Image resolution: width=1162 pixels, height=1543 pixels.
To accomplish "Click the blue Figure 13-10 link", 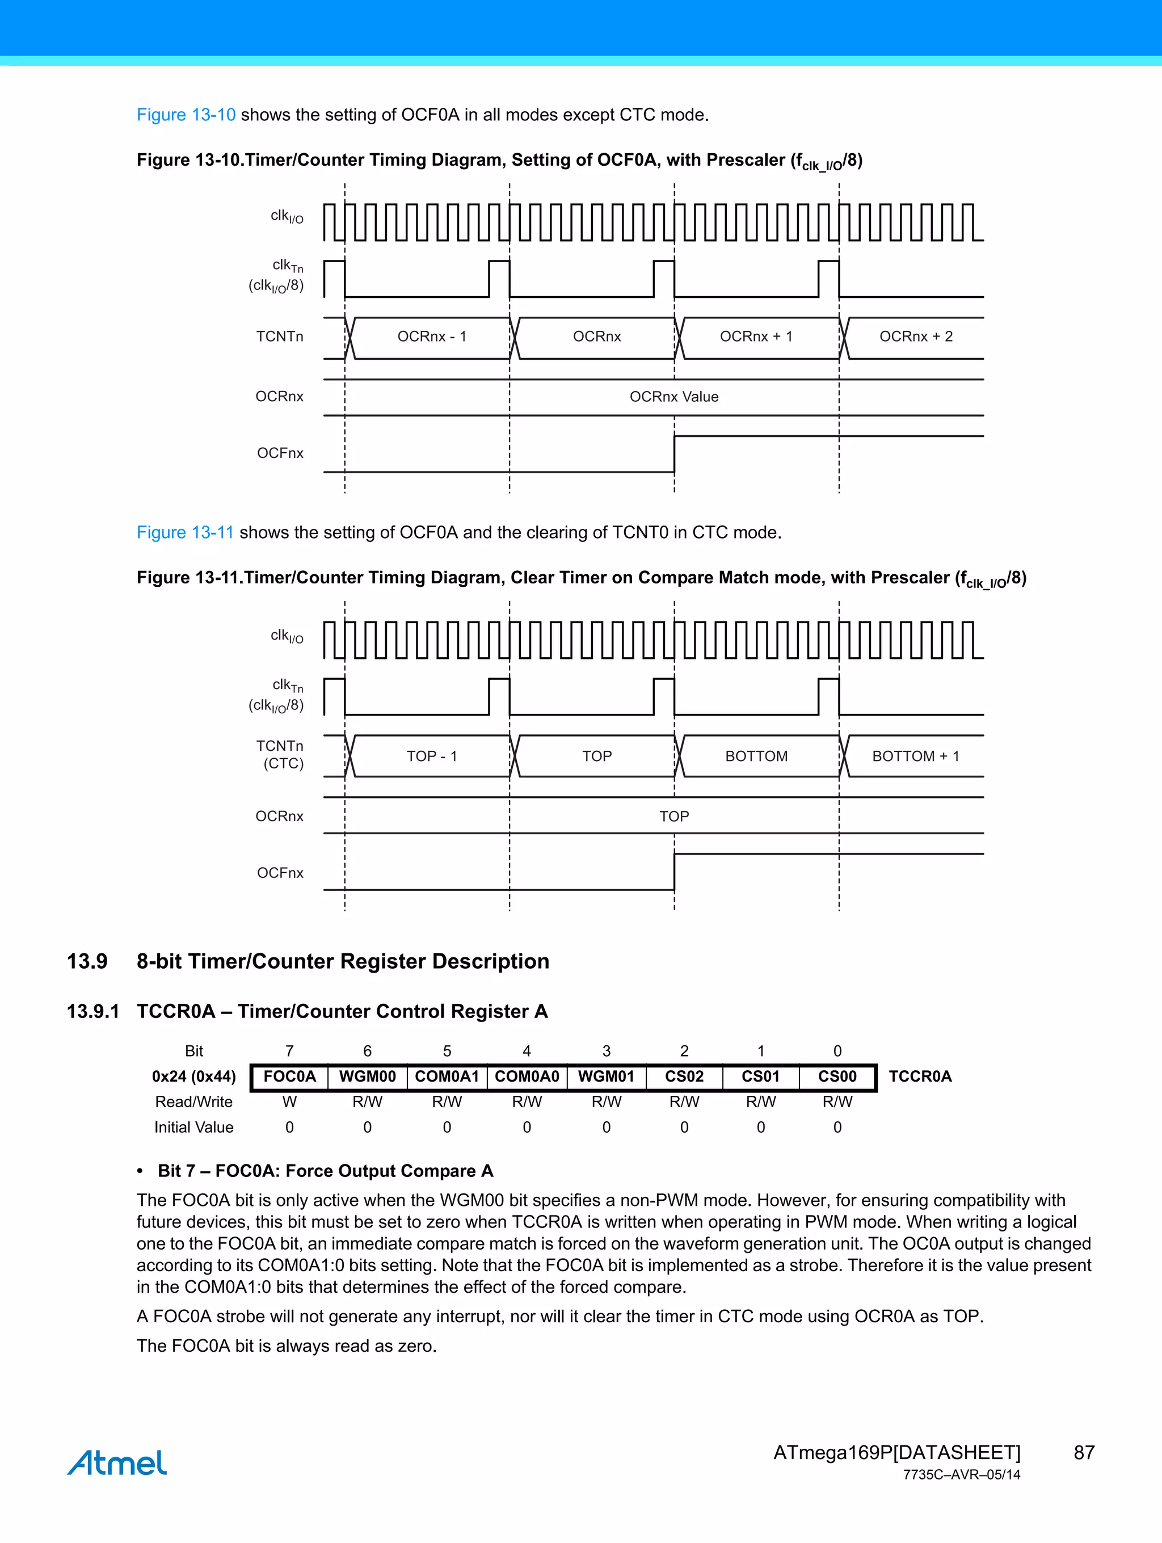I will (x=186, y=115).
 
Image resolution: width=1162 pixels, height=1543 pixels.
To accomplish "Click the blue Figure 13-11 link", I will (x=185, y=532).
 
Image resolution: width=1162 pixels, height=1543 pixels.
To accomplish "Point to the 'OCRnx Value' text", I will (x=673, y=397).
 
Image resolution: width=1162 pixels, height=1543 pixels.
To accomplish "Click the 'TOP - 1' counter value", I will (x=432, y=756).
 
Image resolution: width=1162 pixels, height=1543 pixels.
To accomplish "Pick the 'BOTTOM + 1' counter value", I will (x=915, y=756).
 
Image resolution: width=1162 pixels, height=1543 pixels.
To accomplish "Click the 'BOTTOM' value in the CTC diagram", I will (x=756, y=756).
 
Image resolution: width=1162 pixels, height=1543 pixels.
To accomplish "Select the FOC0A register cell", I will (x=289, y=1077).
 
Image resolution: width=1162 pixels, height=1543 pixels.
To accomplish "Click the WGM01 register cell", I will (x=606, y=1077).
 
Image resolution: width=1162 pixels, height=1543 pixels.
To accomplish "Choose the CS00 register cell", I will (x=837, y=1077).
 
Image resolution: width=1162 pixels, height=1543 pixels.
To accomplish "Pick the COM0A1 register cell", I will (x=447, y=1077).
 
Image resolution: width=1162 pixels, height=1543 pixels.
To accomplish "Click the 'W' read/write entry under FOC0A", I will (x=289, y=1102).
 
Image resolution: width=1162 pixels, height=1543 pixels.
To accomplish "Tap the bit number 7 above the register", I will (x=289, y=1051).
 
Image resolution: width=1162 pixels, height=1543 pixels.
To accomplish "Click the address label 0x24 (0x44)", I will (x=194, y=1077).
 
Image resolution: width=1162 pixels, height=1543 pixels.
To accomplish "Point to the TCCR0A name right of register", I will (x=919, y=1077).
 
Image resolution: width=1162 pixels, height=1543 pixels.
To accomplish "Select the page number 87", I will (x=1084, y=1452).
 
